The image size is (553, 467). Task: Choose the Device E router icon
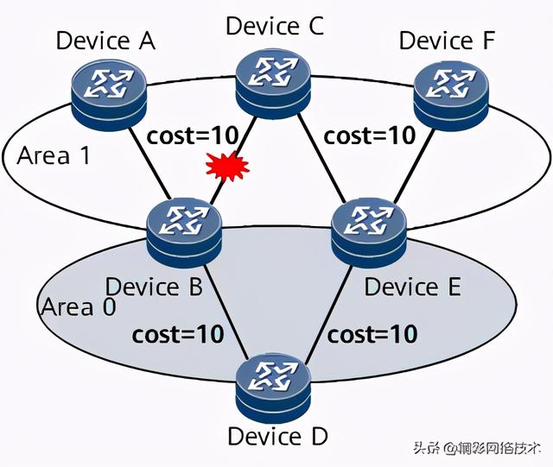[369, 228]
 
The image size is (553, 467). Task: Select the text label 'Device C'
[275, 25]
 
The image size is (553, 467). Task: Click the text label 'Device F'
[448, 41]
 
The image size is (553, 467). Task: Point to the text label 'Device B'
[156, 287]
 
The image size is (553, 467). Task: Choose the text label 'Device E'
[412, 287]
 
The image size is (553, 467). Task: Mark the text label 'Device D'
[276, 437]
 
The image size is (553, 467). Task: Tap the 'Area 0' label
[78, 306]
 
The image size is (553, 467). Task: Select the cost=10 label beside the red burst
[192, 136]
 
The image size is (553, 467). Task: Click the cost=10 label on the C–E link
[369, 136]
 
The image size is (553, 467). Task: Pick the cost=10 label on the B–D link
[178, 333]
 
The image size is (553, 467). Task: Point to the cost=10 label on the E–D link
[372, 333]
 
